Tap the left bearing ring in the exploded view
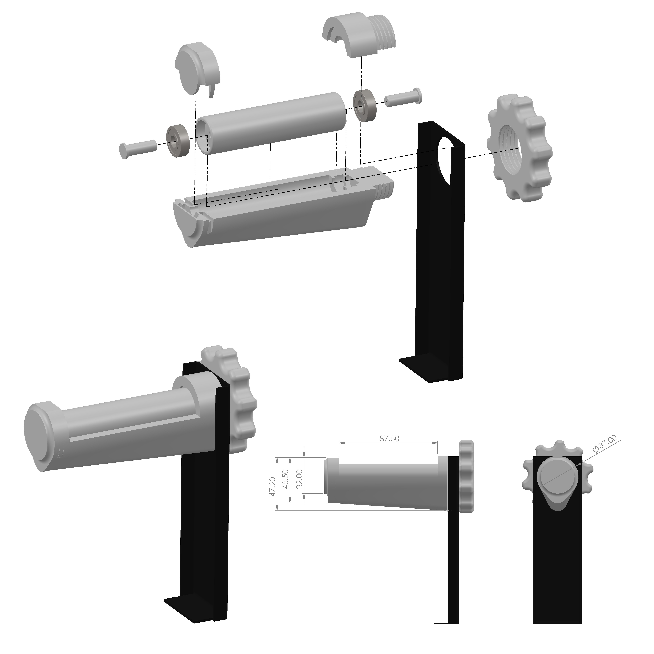pos(177,141)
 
